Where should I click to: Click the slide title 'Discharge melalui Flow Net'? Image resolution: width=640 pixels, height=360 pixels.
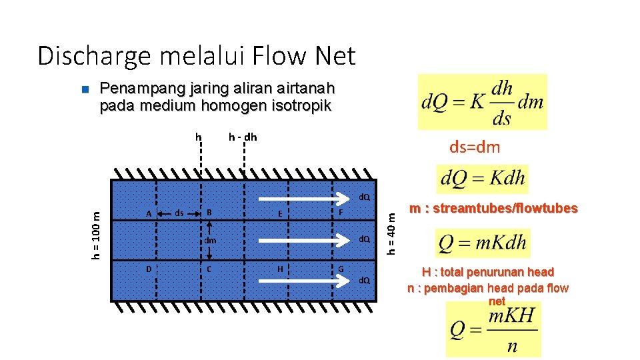pyautogui.click(x=197, y=56)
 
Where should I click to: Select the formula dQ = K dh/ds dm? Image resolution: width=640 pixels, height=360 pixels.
pyautogui.click(x=482, y=102)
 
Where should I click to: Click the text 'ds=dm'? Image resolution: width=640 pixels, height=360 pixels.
pyautogui.click(x=474, y=147)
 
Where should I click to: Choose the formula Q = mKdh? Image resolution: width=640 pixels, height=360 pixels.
pyautogui.click(x=481, y=243)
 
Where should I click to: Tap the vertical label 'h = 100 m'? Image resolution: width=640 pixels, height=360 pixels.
pyautogui.click(x=97, y=234)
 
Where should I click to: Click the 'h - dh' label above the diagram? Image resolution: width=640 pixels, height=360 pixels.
pyautogui.click(x=242, y=137)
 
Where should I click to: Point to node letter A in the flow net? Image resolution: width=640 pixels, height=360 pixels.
pyautogui.click(x=149, y=213)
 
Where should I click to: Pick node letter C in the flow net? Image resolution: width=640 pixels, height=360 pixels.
pyautogui.click(x=209, y=269)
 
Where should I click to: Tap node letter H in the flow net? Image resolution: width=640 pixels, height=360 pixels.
pyautogui.click(x=280, y=269)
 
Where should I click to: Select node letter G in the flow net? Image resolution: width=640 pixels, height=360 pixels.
pyautogui.click(x=341, y=269)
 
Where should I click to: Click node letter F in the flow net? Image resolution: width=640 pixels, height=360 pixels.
pyautogui.click(x=341, y=213)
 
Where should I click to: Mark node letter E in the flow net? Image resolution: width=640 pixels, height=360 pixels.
pyautogui.click(x=280, y=213)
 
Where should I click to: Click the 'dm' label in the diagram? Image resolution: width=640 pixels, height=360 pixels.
pyautogui.click(x=210, y=240)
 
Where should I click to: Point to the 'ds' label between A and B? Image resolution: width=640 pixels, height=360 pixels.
pyautogui.click(x=179, y=213)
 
